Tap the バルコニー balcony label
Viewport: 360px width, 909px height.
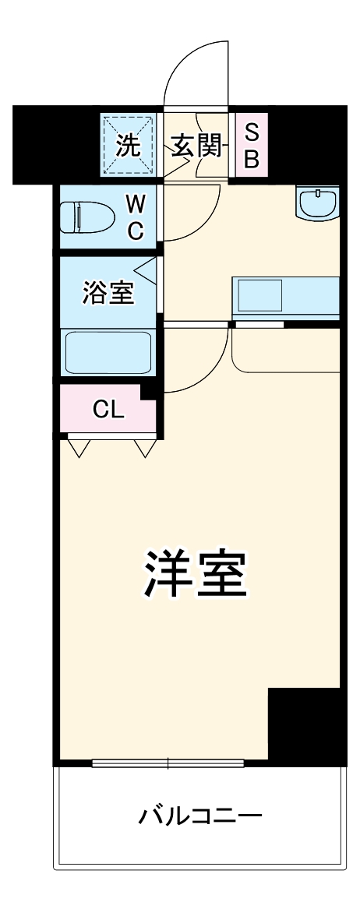[199, 817]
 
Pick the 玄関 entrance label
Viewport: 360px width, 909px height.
[196, 145]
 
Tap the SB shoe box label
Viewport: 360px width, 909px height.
[252, 146]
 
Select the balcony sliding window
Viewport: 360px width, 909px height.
[168, 763]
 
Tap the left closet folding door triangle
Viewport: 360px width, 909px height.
[79, 449]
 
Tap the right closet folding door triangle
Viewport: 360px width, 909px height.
[145, 449]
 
